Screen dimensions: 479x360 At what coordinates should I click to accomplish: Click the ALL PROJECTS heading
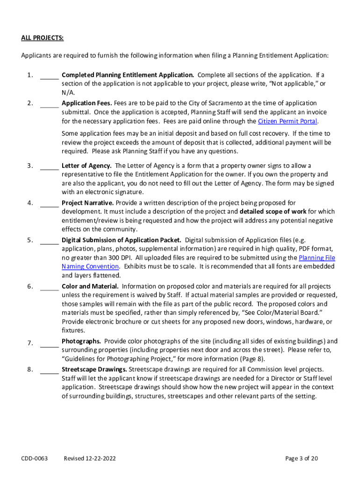coord(42,37)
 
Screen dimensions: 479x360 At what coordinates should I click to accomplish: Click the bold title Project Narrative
coord(87,203)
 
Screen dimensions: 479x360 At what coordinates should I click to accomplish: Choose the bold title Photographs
coord(81,341)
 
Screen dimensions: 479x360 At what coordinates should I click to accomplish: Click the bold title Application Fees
coord(86,103)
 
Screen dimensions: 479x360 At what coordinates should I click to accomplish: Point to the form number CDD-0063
coord(35,458)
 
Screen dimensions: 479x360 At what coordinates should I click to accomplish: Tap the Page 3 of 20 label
coord(302,458)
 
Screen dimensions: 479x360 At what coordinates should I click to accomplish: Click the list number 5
coord(29,240)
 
